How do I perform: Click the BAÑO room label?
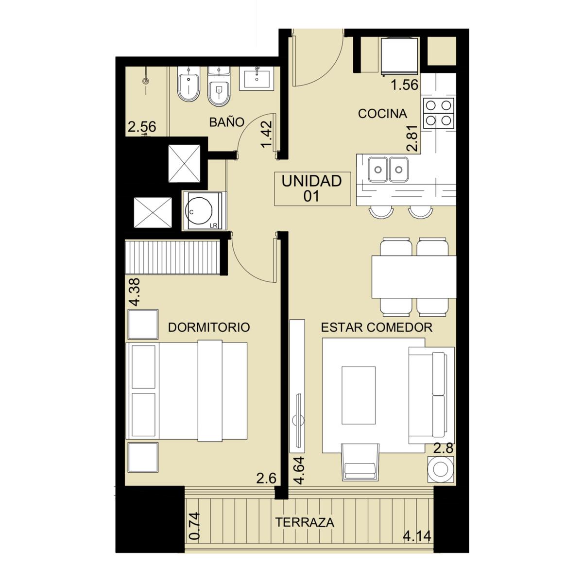point(226,122)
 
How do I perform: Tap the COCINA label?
point(382,114)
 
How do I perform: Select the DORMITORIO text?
point(209,327)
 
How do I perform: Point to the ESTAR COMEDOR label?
point(377,327)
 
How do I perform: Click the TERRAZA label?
point(305,522)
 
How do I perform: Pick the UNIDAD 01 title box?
point(312,189)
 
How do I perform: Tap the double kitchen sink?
point(389,170)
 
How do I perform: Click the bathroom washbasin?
point(257,79)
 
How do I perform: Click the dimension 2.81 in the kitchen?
point(412,138)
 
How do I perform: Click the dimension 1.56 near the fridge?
point(405,85)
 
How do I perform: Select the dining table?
point(414,277)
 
